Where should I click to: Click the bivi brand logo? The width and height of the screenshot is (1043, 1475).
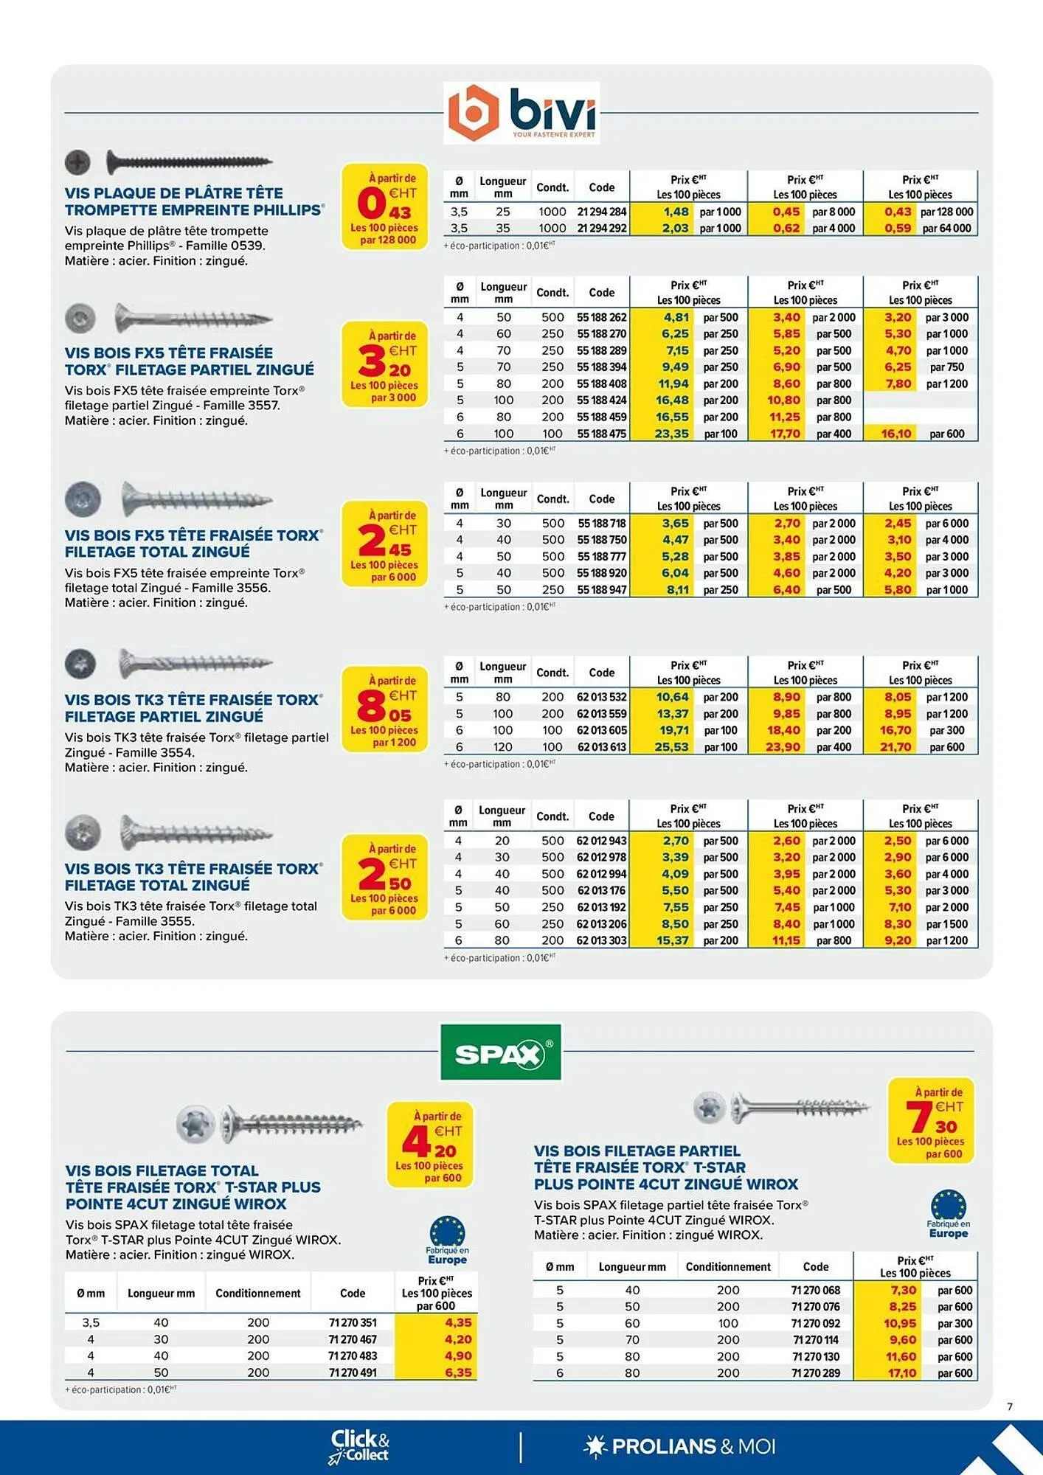[521, 112]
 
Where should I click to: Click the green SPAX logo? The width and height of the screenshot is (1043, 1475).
[500, 1052]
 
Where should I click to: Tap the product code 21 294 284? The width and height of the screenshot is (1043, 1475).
[601, 212]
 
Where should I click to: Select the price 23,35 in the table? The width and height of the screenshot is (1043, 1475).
[671, 434]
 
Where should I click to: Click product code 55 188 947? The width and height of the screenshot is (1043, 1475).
[602, 590]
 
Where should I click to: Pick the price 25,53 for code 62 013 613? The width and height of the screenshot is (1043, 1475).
[671, 747]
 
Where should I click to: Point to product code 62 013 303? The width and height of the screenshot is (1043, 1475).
[601, 940]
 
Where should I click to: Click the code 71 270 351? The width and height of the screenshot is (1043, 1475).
[353, 1322]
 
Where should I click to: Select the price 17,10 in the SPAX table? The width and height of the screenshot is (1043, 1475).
[902, 1373]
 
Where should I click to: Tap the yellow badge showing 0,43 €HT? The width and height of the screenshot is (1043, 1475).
[384, 206]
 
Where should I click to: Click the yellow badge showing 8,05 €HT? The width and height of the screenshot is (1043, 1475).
[384, 709]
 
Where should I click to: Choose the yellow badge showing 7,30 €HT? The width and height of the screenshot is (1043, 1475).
[930, 1121]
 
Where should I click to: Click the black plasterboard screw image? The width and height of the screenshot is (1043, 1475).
[189, 162]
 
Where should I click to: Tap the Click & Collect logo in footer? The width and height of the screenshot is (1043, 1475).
[359, 1446]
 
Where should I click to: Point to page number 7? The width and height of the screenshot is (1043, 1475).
[1010, 1406]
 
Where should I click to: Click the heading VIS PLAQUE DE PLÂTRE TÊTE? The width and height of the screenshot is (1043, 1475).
[174, 193]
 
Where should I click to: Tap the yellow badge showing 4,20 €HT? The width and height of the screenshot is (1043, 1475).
[431, 1145]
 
